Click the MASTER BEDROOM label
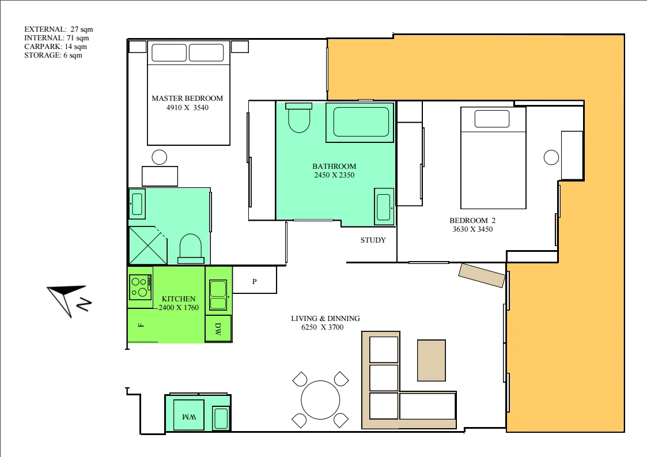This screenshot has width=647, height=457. pos(187,98)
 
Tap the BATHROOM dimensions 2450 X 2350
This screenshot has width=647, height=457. pos(334,175)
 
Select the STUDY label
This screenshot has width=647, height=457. pos(373,240)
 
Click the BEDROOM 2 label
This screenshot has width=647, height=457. pos(472,220)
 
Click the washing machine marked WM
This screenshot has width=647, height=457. pos(188,415)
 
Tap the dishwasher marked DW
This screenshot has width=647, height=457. pos(218,328)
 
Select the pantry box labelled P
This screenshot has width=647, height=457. pos(255,281)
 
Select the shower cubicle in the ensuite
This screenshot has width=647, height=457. pos(148,246)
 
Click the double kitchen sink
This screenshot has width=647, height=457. pos(218,295)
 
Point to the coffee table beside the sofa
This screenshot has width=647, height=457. pos(432,360)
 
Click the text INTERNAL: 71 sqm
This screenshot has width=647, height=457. pos(56,38)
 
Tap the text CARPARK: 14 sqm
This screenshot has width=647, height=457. pos(56,47)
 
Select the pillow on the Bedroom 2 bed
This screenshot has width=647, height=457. pos(492,119)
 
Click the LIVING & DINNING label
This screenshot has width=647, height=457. pos(326,318)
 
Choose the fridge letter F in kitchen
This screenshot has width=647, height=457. pos(141,325)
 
